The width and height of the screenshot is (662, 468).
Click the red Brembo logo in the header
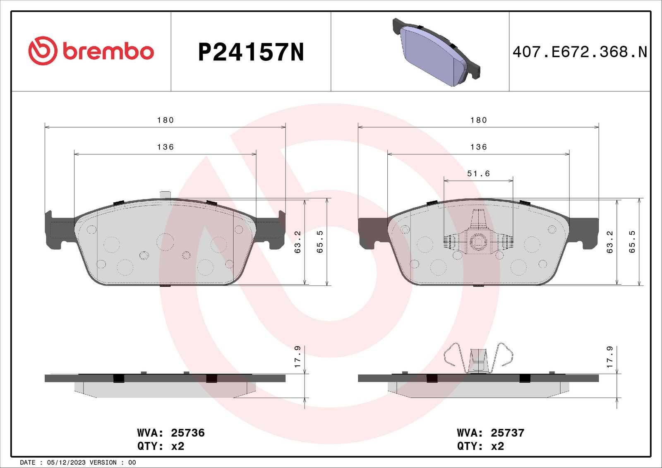(91, 51)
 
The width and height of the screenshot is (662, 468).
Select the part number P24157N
(251, 52)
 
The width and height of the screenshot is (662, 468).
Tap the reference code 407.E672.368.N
(580, 52)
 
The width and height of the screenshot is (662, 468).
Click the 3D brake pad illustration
(436, 52)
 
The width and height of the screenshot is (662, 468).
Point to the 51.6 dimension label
(478, 173)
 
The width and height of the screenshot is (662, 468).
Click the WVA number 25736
(188, 433)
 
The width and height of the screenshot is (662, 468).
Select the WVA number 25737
(507, 433)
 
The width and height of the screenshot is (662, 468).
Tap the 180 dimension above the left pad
(165, 120)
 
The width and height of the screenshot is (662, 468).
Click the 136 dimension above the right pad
(478, 147)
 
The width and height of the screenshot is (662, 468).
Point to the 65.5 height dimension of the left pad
(320, 242)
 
